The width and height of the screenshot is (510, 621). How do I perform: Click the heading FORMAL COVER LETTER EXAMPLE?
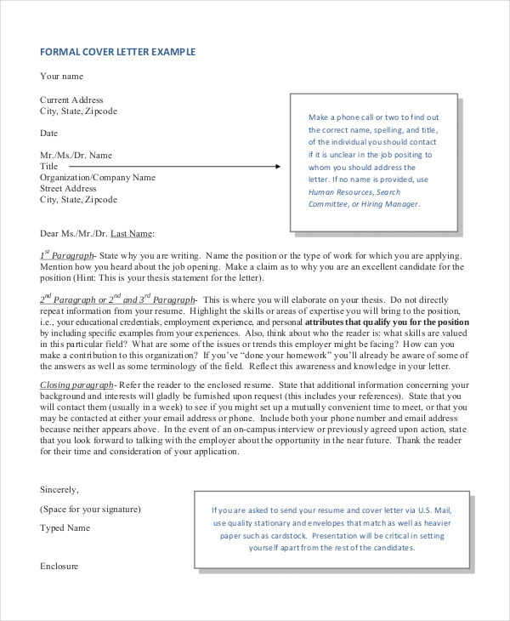117,53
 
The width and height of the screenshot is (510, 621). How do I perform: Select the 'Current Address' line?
71,100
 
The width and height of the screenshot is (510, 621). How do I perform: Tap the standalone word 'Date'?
49,134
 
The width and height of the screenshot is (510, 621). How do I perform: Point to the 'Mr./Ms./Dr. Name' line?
76,156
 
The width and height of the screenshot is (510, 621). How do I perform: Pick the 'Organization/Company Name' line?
98,178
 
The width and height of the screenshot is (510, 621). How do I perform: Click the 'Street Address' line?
68,189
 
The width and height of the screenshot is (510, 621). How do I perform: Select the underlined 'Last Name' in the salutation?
132,233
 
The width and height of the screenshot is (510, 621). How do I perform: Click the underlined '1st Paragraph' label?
67,256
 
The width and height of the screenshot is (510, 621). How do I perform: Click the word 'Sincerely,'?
59,490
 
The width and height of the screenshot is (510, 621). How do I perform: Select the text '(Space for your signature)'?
90,510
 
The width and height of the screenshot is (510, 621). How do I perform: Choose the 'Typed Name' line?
65,528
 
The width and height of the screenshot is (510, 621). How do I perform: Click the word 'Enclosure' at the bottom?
59,566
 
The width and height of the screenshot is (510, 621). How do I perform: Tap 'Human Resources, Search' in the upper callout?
354,192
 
